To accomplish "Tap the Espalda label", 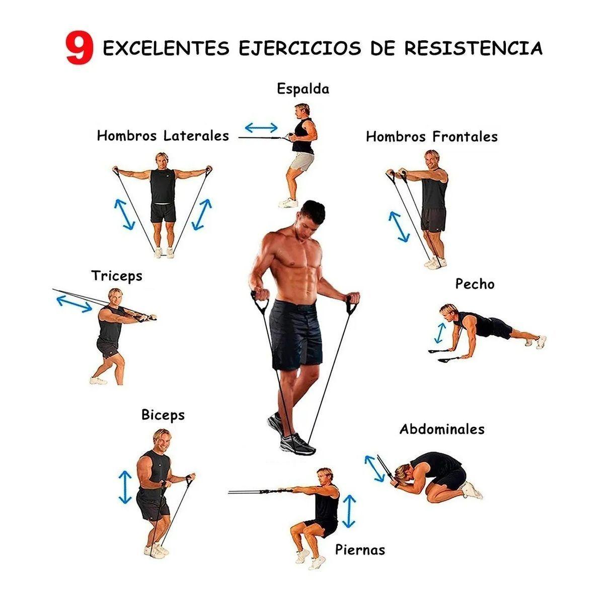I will coord(303,89).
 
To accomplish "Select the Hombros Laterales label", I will coord(163,136).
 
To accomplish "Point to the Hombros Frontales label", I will coord(431,137).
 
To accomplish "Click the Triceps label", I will coord(117,276).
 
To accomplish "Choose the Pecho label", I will coord(475,284).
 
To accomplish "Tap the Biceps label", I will coord(163,415).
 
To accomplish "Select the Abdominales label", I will coord(442,429).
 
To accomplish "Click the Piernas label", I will coord(360,550).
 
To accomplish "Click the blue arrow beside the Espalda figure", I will coord(261,127).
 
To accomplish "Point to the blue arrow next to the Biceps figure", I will coord(125,487).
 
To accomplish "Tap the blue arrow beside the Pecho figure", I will coord(440,333).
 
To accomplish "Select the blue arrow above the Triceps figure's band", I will coord(74,304).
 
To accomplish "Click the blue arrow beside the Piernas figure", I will coord(349,511).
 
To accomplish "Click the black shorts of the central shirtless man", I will coord(296,335).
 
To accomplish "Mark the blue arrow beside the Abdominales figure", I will coord(374,469).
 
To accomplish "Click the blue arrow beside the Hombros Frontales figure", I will coord(399,226).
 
